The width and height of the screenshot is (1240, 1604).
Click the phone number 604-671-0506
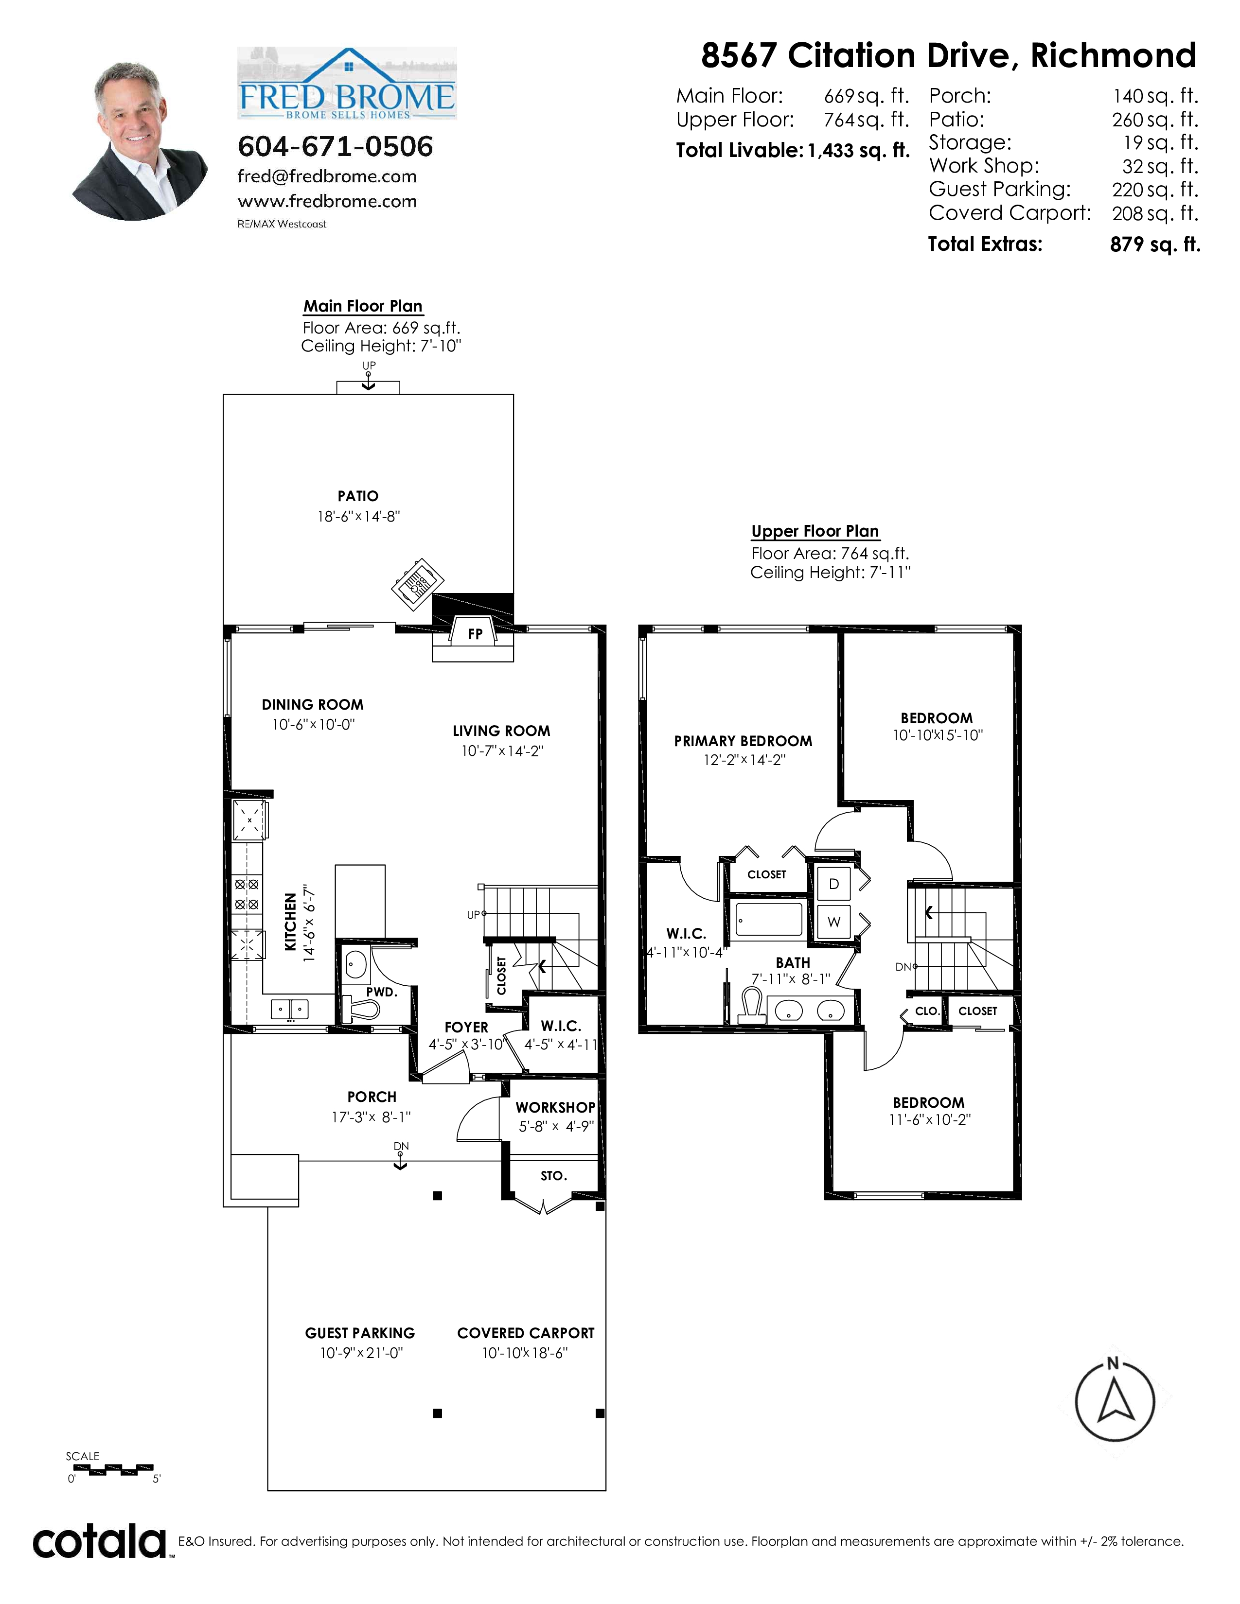[x=335, y=146]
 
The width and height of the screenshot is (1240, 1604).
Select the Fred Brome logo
[x=347, y=83]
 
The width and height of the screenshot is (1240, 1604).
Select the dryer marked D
[x=834, y=884]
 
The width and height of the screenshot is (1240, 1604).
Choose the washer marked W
[x=834, y=922]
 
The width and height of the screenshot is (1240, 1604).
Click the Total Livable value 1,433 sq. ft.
[x=859, y=151]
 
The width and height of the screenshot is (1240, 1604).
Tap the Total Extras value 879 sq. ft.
[x=1155, y=244]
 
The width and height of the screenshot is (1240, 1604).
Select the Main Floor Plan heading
[x=363, y=306]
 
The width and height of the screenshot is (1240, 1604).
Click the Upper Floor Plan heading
[x=815, y=531]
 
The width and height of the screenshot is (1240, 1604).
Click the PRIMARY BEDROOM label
[x=744, y=741]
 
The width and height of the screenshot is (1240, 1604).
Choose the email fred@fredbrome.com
[x=327, y=177]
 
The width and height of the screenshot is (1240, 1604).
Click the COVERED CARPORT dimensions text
[x=525, y=1353]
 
